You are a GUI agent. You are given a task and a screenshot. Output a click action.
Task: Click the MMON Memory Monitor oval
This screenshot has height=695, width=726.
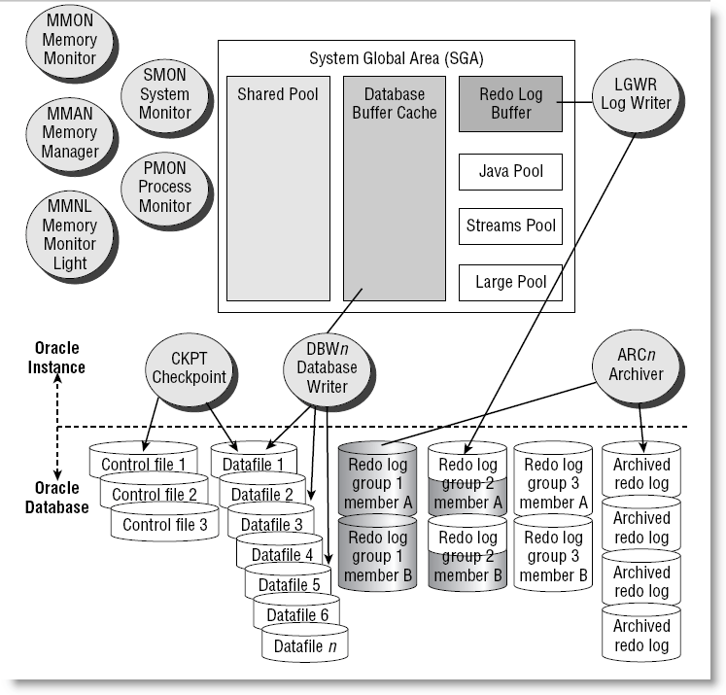pyautogui.click(x=69, y=40)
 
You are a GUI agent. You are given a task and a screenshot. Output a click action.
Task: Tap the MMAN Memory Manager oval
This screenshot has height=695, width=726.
pyautogui.click(x=69, y=133)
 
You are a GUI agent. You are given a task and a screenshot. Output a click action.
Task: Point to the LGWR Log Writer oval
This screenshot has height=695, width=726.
pyautogui.click(x=637, y=94)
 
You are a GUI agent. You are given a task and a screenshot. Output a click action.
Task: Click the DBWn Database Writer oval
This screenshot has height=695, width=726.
pyautogui.click(x=320, y=367)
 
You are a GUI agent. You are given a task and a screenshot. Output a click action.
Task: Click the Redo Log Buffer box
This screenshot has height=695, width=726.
pyautogui.click(x=510, y=104)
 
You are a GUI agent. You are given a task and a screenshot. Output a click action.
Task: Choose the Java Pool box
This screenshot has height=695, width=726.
pyautogui.click(x=510, y=172)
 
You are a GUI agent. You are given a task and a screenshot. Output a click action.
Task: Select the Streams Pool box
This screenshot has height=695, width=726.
pyautogui.click(x=510, y=226)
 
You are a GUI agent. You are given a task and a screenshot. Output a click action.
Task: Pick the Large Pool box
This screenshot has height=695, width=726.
pyautogui.click(x=510, y=283)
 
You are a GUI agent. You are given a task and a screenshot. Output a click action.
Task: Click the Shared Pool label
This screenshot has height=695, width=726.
pyautogui.click(x=277, y=95)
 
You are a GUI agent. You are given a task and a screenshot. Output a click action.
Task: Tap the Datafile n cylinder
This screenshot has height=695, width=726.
pyautogui.click(x=306, y=644)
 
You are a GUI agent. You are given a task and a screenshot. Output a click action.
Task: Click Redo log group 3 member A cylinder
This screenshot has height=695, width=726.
pyautogui.click(x=553, y=483)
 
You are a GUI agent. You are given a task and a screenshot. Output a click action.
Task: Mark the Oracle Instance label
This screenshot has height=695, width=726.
pyautogui.click(x=57, y=359)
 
